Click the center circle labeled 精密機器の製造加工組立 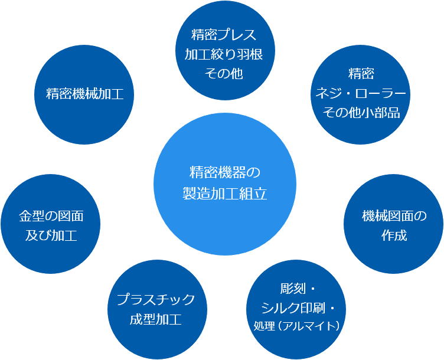coord(224,183)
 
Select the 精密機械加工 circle coord(84,94)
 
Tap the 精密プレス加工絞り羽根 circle coord(224,54)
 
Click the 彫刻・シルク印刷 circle coord(298,307)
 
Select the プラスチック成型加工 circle coord(156,309)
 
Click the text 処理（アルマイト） coord(297,326)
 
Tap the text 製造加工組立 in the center coord(224,194)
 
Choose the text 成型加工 coord(156,320)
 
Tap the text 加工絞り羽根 coord(224,54)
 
